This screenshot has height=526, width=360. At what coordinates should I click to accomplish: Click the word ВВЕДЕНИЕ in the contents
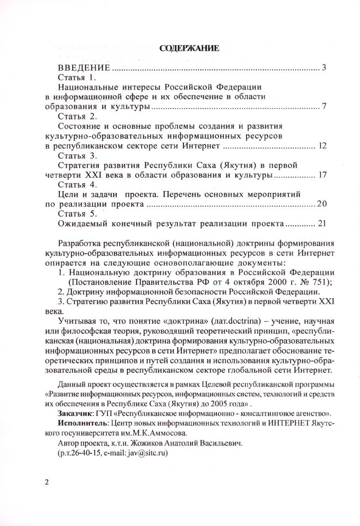point(84,68)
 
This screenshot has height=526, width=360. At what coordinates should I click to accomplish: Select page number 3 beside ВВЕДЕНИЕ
point(324,68)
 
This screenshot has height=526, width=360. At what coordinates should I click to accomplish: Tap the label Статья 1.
point(76,77)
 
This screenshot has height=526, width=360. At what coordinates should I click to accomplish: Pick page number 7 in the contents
point(324,107)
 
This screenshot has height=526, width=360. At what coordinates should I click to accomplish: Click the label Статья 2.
point(76,116)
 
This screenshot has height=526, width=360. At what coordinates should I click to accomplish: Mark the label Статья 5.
point(76,214)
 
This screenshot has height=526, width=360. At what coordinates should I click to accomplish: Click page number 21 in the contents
point(321,224)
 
